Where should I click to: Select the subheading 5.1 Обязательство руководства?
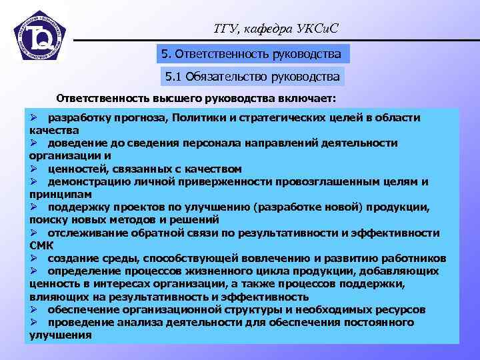(x=253, y=77)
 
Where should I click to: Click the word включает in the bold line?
(x=309, y=99)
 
